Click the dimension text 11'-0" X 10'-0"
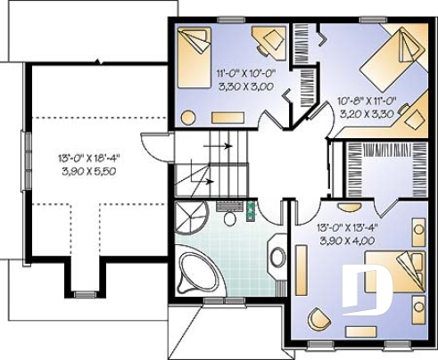coord(244,76)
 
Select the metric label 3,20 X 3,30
coord(366,114)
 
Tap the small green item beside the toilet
coord(251,212)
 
